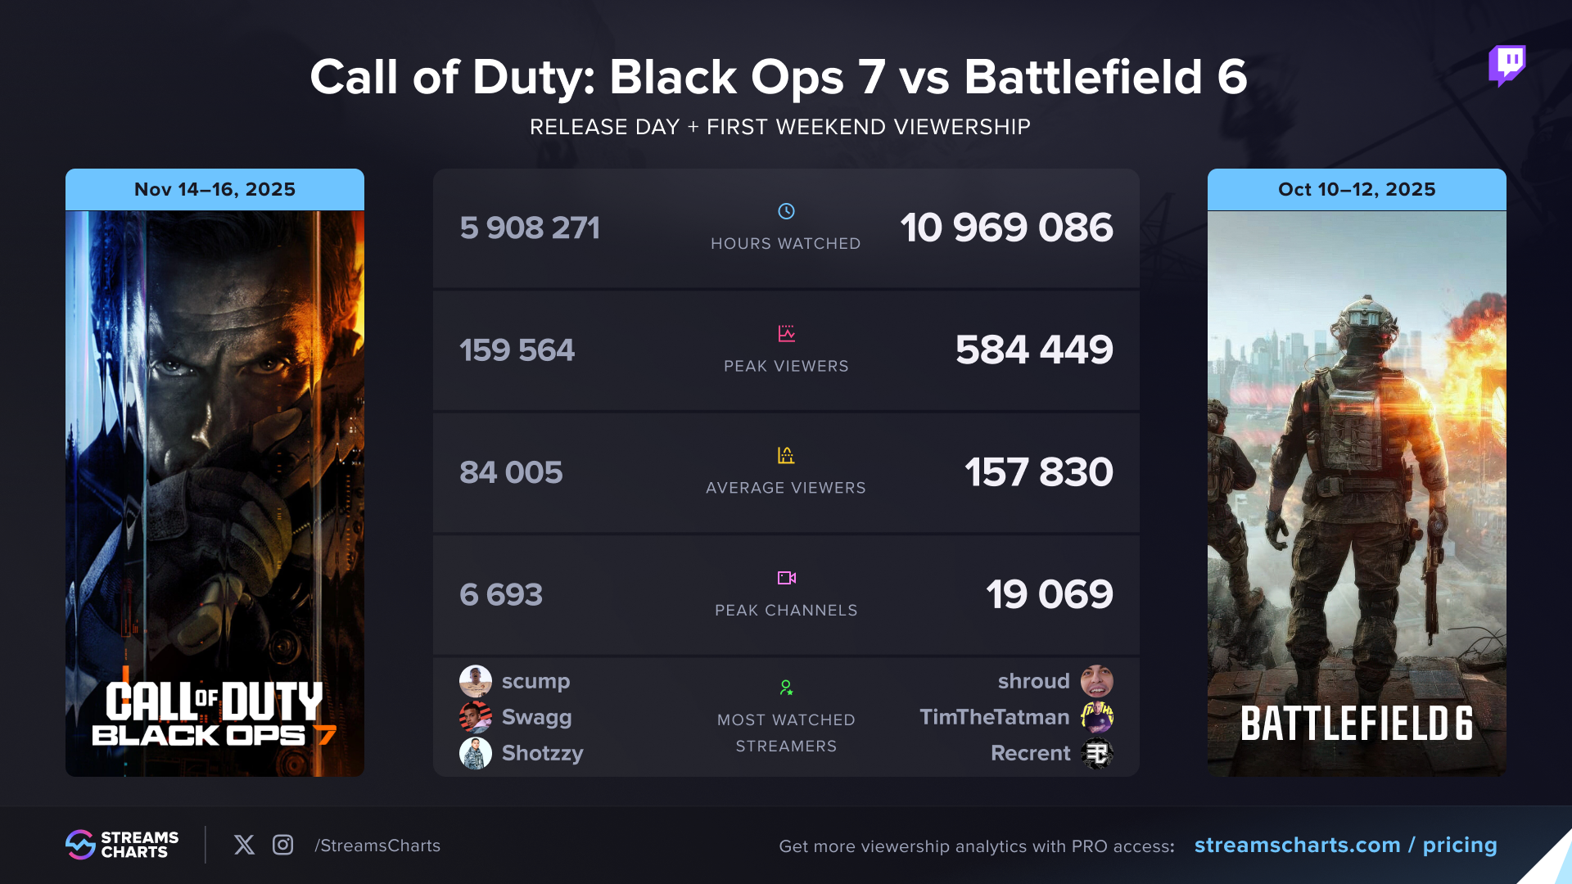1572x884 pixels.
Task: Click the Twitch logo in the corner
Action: tap(1506, 65)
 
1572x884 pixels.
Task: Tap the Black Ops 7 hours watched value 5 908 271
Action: tap(530, 228)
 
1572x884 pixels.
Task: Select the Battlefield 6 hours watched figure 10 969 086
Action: tap(1006, 228)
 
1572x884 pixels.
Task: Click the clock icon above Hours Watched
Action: tap(786, 211)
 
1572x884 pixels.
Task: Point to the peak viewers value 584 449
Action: tap(1033, 350)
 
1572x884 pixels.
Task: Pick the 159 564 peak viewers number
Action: tap(517, 350)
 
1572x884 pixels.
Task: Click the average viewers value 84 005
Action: tap(511, 472)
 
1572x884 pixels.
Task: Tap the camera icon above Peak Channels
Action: tap(786, 578)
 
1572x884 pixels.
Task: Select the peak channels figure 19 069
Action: tap(1049, 594)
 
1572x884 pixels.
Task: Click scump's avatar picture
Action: tap(475, 681)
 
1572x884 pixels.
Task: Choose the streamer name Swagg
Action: tap(536, 717)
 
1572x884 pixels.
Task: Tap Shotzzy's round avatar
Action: tap(475, 753)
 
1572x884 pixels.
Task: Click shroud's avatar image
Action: tap(1096, 681)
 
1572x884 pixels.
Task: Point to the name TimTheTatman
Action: tap(994, 717)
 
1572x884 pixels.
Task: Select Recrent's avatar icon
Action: tap(1096, 753)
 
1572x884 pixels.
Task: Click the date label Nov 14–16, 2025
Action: tap(215, 189)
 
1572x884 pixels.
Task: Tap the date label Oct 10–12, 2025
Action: tap(1357, 189)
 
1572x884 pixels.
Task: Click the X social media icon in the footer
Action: tap(244, 845)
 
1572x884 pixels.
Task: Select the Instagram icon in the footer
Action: tap(282, 845)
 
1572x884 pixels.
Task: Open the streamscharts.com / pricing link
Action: tap(1345, 845)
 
